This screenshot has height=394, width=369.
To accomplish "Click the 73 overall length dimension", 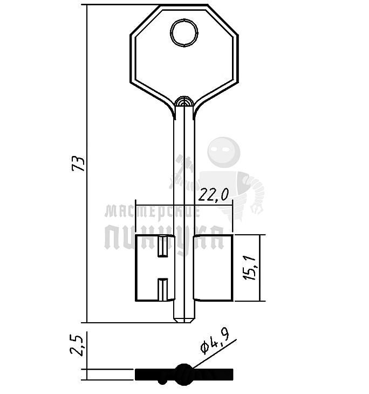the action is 78,164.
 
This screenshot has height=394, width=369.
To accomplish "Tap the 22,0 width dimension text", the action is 213,195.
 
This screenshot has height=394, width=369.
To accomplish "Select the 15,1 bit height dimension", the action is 249,268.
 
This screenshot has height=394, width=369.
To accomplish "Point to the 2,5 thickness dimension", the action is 77,345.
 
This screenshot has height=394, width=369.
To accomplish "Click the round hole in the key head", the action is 184,33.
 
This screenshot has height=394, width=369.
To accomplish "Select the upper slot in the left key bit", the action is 163,246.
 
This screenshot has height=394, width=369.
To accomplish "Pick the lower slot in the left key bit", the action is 163,289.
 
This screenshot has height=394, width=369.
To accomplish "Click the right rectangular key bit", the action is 213,268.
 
